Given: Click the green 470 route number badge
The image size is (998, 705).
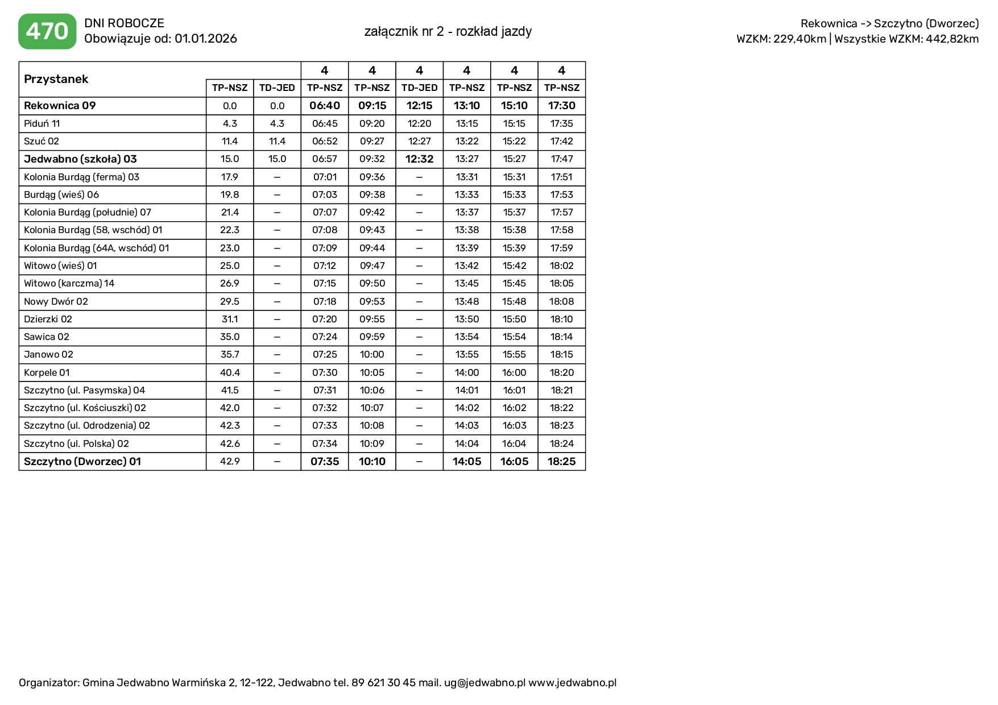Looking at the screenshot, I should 47,31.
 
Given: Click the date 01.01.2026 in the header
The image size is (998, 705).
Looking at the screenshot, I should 206,39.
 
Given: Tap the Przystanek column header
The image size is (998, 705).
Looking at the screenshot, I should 56,79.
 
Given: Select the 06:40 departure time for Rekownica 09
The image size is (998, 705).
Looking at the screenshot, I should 325,106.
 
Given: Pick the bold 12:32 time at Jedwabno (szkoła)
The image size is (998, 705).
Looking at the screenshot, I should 420,159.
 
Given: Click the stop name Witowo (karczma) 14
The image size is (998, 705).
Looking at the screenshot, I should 69,283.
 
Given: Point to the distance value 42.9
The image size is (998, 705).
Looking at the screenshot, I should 230,461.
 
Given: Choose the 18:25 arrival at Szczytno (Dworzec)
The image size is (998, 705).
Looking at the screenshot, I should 562,461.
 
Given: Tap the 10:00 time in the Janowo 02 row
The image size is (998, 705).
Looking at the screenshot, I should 372,354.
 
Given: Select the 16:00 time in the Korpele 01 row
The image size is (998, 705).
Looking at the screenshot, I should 514,372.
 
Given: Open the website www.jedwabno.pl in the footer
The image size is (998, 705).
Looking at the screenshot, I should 572,683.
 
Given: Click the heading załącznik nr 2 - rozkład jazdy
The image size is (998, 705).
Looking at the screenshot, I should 448,31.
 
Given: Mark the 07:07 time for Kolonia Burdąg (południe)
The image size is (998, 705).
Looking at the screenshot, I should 325,212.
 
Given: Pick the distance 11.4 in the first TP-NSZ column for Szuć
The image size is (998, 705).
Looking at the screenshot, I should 230,141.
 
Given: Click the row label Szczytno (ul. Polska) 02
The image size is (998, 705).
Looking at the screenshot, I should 76,443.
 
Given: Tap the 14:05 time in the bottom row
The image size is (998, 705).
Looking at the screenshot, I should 467,461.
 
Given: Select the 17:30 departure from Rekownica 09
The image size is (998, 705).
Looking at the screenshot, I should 562,106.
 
